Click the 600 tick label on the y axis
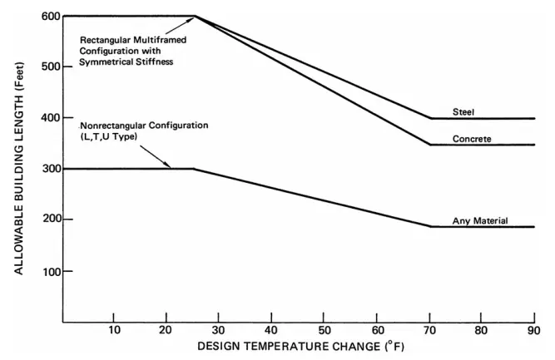[49, 16]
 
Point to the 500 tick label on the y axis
[49, 67]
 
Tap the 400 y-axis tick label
[49, 118]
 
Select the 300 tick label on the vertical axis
[49, 169]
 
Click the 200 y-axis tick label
[49, 219]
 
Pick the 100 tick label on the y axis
[49, 271]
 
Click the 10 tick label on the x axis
[115, 330]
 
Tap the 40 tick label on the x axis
[272, 330]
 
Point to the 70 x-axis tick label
[429, 330]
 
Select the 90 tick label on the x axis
[534, 330]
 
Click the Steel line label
[464, 111]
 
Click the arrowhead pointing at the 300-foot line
[169, 166]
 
